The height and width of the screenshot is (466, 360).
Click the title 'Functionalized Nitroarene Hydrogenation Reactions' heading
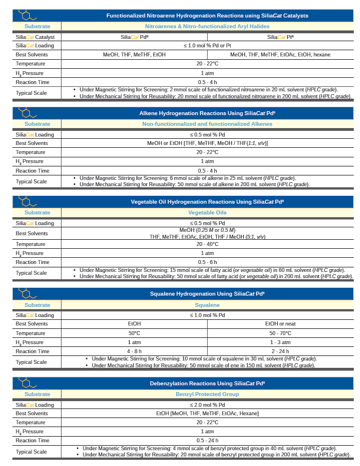[x=207, y=15]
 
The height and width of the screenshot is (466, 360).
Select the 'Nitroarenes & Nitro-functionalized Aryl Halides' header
[x=207, y=26]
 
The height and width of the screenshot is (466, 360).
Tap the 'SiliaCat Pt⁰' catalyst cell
[x=280, y=37]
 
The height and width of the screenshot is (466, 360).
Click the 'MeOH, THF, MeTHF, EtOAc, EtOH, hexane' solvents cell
[x=280, y=54]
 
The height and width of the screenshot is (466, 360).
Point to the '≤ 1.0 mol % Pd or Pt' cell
[x=207, y=45]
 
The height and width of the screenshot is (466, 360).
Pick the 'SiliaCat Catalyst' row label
[x=36, y=37]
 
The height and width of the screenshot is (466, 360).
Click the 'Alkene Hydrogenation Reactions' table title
[x=207, y=113]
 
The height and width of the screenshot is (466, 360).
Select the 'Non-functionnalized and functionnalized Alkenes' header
[x=207, y=124]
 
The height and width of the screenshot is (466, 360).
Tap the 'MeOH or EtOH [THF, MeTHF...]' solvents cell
[x=207, y=143]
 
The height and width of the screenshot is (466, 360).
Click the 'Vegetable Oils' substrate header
[x=207, y=212]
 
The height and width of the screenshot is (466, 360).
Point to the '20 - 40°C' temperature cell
[x=207, y=244]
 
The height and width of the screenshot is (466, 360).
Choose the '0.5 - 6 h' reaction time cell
[x=207, y=262]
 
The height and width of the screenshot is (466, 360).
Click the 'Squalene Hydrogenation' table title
[x=207, y=293]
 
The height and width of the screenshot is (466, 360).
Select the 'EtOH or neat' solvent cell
[x=280, y=324]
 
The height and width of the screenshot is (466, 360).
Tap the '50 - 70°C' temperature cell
[x=280, y=333]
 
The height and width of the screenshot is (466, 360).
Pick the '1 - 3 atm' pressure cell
[x=280, y=342]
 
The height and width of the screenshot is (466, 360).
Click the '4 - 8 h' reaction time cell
[x=134, y=351]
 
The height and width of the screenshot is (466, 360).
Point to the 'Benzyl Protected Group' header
[x=207, y=394]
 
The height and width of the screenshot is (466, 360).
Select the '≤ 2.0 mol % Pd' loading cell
[x=207, y=405]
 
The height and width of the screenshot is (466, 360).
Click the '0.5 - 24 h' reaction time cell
[x=207, y=440]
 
